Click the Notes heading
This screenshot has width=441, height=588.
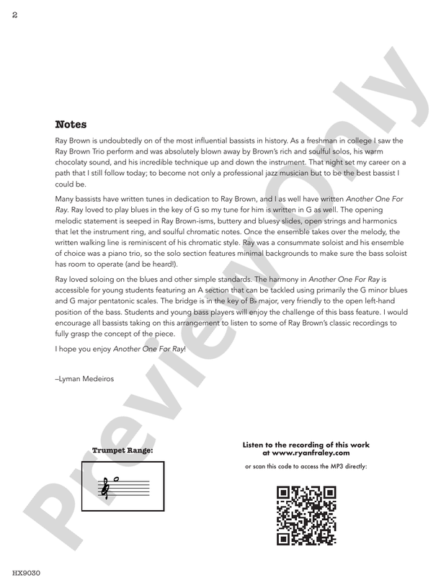tap(71, 125)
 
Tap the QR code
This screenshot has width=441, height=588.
tap(306, 516)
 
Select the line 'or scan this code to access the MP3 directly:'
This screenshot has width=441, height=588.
tap(306, 466)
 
